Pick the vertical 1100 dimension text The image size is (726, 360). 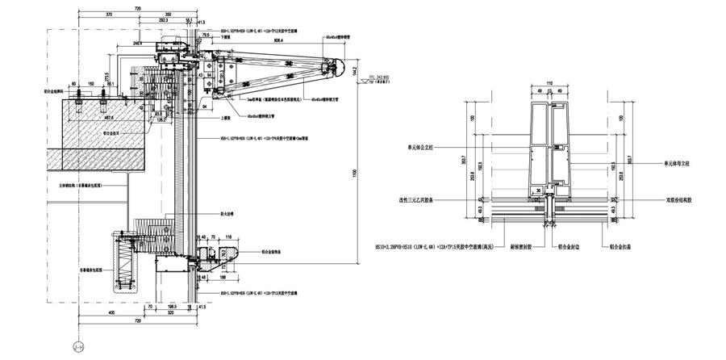[x=355, y=173]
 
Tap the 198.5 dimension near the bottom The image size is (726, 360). [x=173, y=307]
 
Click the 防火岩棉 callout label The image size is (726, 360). [x=227, y=214]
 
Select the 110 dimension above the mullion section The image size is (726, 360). [x=550, y=83]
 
